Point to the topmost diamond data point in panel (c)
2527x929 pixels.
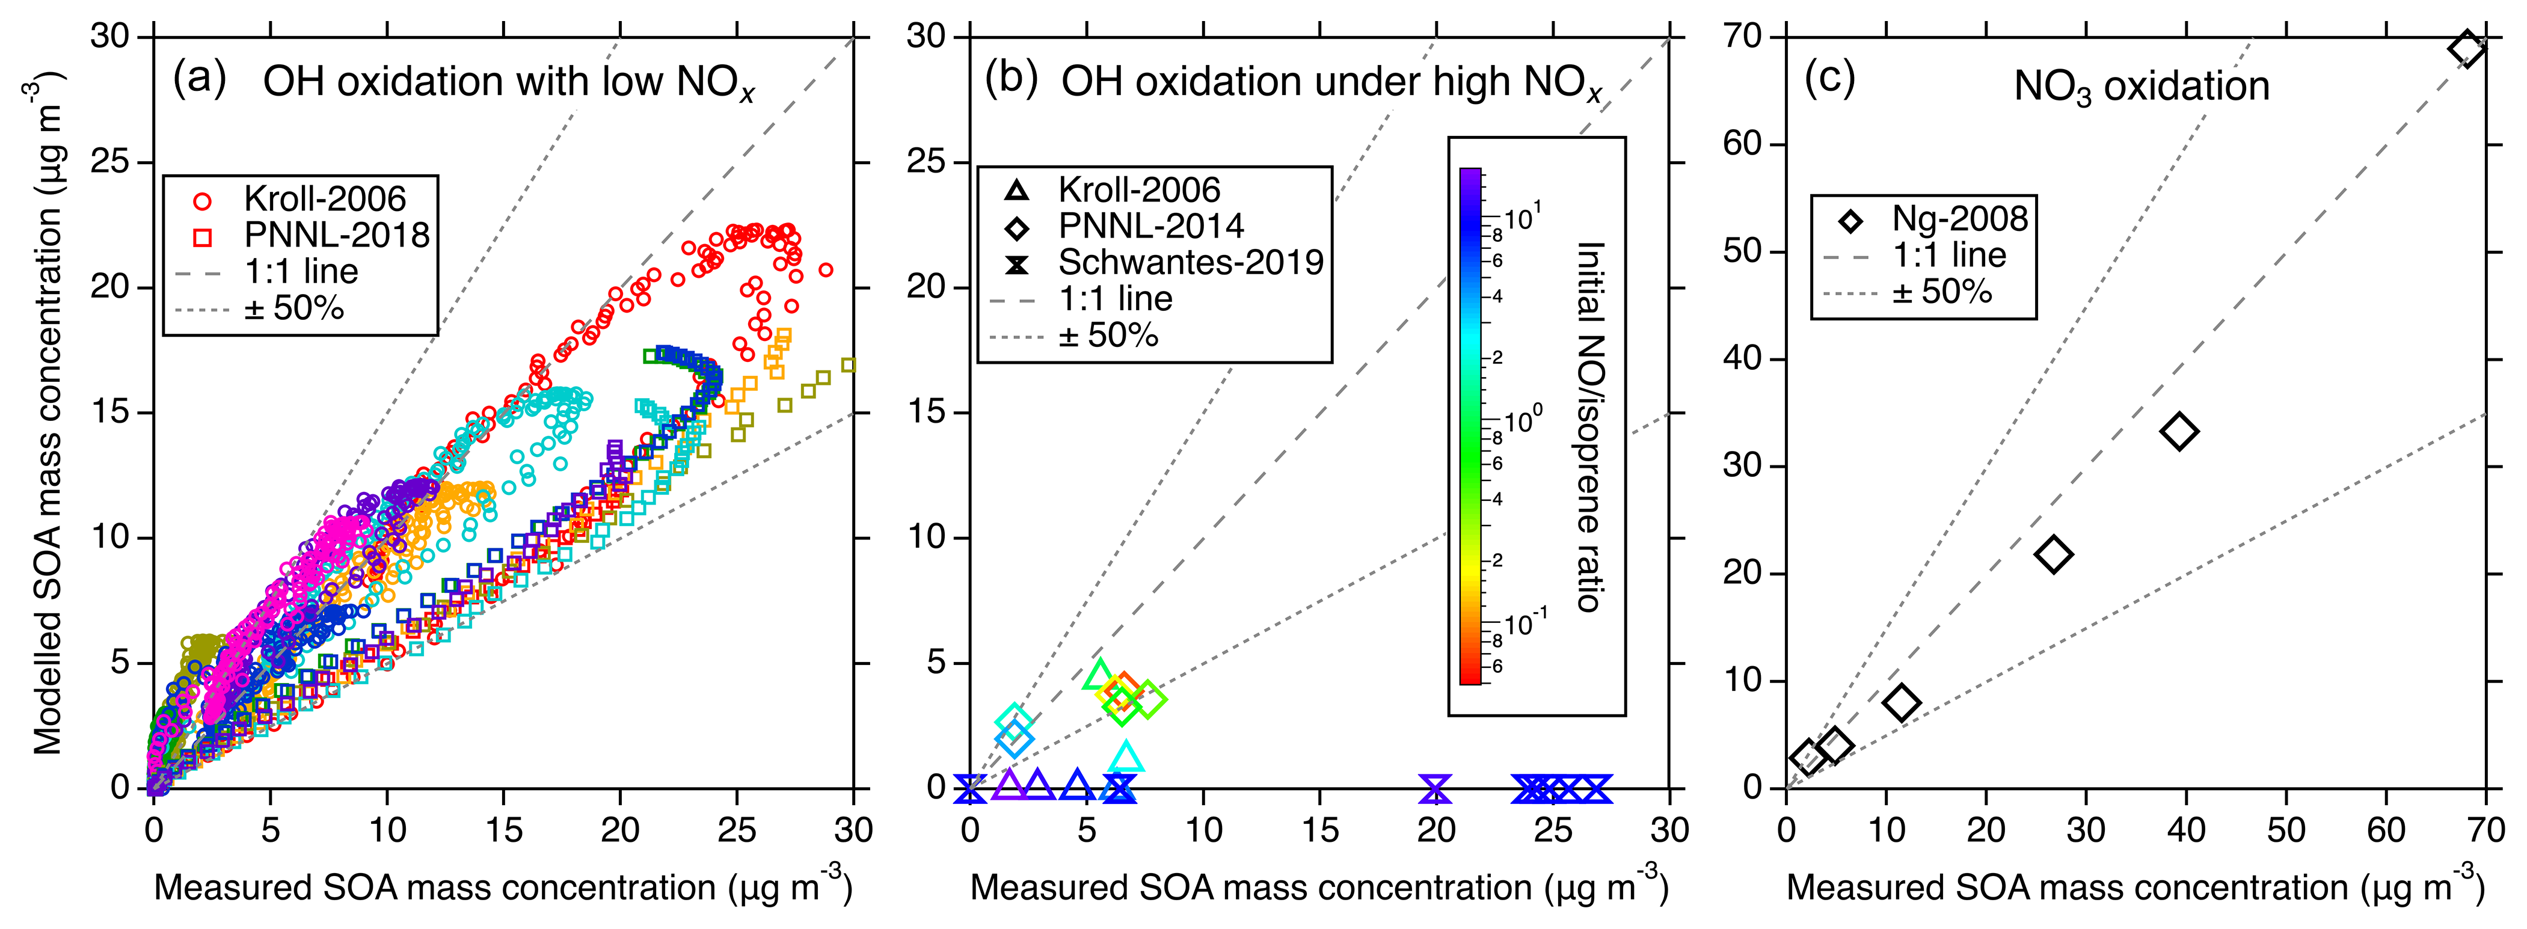(2467, 48)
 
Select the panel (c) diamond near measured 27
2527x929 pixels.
(2053, 554)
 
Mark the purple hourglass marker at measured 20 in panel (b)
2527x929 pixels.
(1435, 786)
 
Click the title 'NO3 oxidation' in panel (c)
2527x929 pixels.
(2142, 87)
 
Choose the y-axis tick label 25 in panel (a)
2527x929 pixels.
(111, 162)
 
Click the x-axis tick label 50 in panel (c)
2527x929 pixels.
(2286, 830)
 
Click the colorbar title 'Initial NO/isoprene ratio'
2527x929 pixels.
(1589, 427)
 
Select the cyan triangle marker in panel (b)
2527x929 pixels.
(1126, 757)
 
